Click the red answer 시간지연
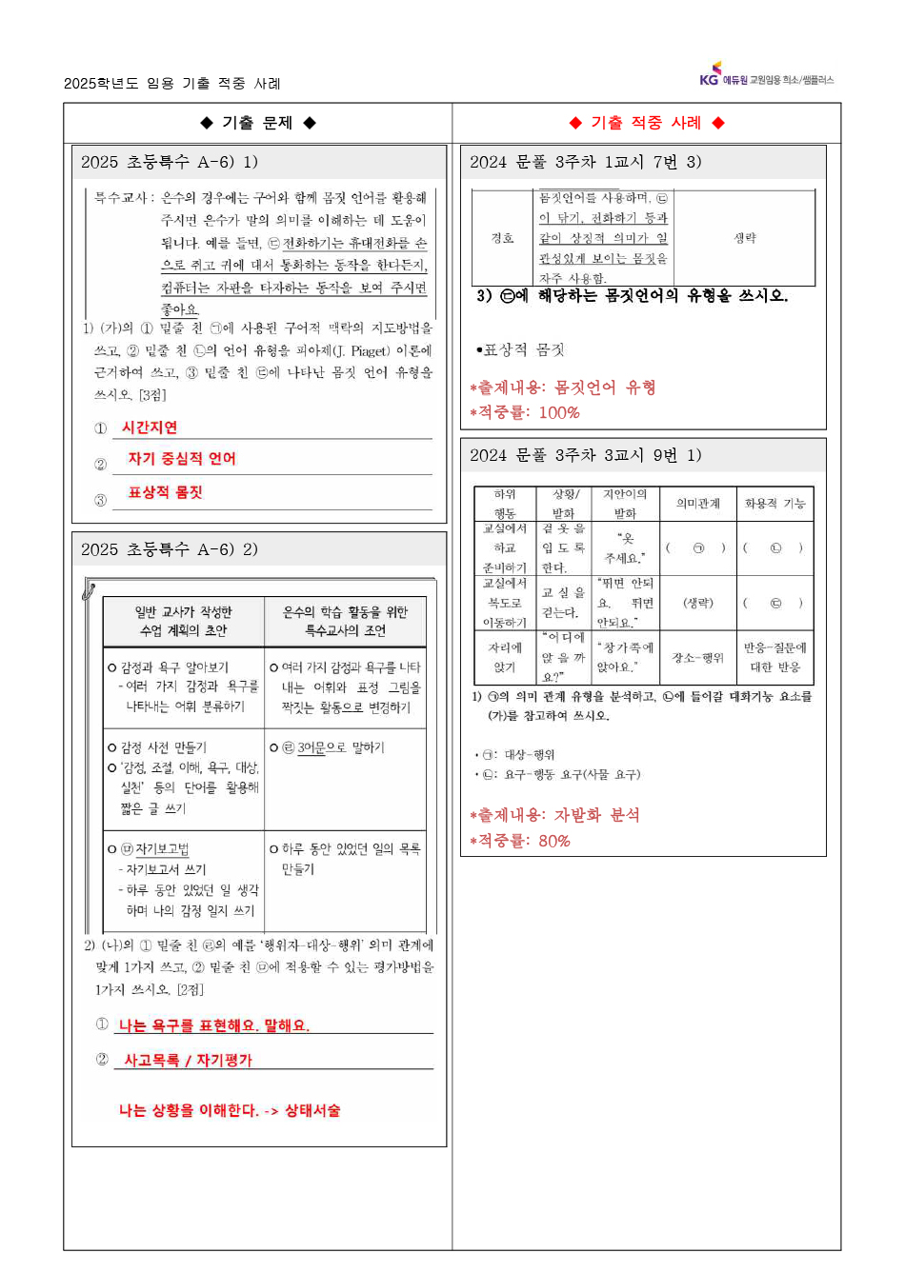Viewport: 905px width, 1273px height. (x=150, y=428)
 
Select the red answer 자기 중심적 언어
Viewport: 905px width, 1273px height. (x=182, y=459)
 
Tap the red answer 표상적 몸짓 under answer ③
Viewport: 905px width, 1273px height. (x=166, y=492)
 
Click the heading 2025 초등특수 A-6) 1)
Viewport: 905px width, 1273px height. (x=170, y=162)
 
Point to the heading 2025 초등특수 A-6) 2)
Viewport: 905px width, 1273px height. (x=170, y=549)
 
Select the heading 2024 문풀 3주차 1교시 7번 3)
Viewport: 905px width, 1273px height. (x=585, y=162)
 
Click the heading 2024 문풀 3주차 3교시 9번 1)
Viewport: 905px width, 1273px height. (x=585, y=455)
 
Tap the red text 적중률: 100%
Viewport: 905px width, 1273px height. (x=525, y=412)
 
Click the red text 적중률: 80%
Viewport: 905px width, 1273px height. (x=520, y=841)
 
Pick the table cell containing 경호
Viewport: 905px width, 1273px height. (x=502, y=238)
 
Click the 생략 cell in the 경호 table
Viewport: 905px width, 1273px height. (x=744, y=238)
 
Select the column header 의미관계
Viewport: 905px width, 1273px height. (x=698, y=504)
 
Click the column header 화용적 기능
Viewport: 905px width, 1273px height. (x=774, y=504)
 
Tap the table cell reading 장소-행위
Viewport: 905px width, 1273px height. (x=698, y=658)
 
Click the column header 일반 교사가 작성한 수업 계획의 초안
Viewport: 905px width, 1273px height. (x=184, y=621)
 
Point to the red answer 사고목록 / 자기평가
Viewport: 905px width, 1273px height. (x=189, y=1060)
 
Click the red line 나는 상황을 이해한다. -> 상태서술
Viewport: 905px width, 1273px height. (x=230, y=1110)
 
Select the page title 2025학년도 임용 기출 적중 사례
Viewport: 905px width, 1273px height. (x=172, y=84)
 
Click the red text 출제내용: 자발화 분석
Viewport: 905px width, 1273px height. (x=555, y=815)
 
